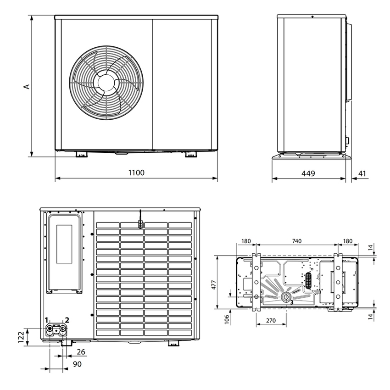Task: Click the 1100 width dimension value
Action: (136, 173)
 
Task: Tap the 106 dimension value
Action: (227, 318)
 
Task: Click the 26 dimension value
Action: (81, 352)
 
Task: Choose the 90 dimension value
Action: (77, 364)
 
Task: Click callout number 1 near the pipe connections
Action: (46, 320)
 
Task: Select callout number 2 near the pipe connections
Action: (67, 320)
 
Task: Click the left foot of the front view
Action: (81, 155)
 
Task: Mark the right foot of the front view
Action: (191, 155)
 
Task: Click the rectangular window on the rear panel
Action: (64, 245)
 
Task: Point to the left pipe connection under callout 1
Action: (50, 329)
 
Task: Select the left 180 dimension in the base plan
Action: (246, 241)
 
